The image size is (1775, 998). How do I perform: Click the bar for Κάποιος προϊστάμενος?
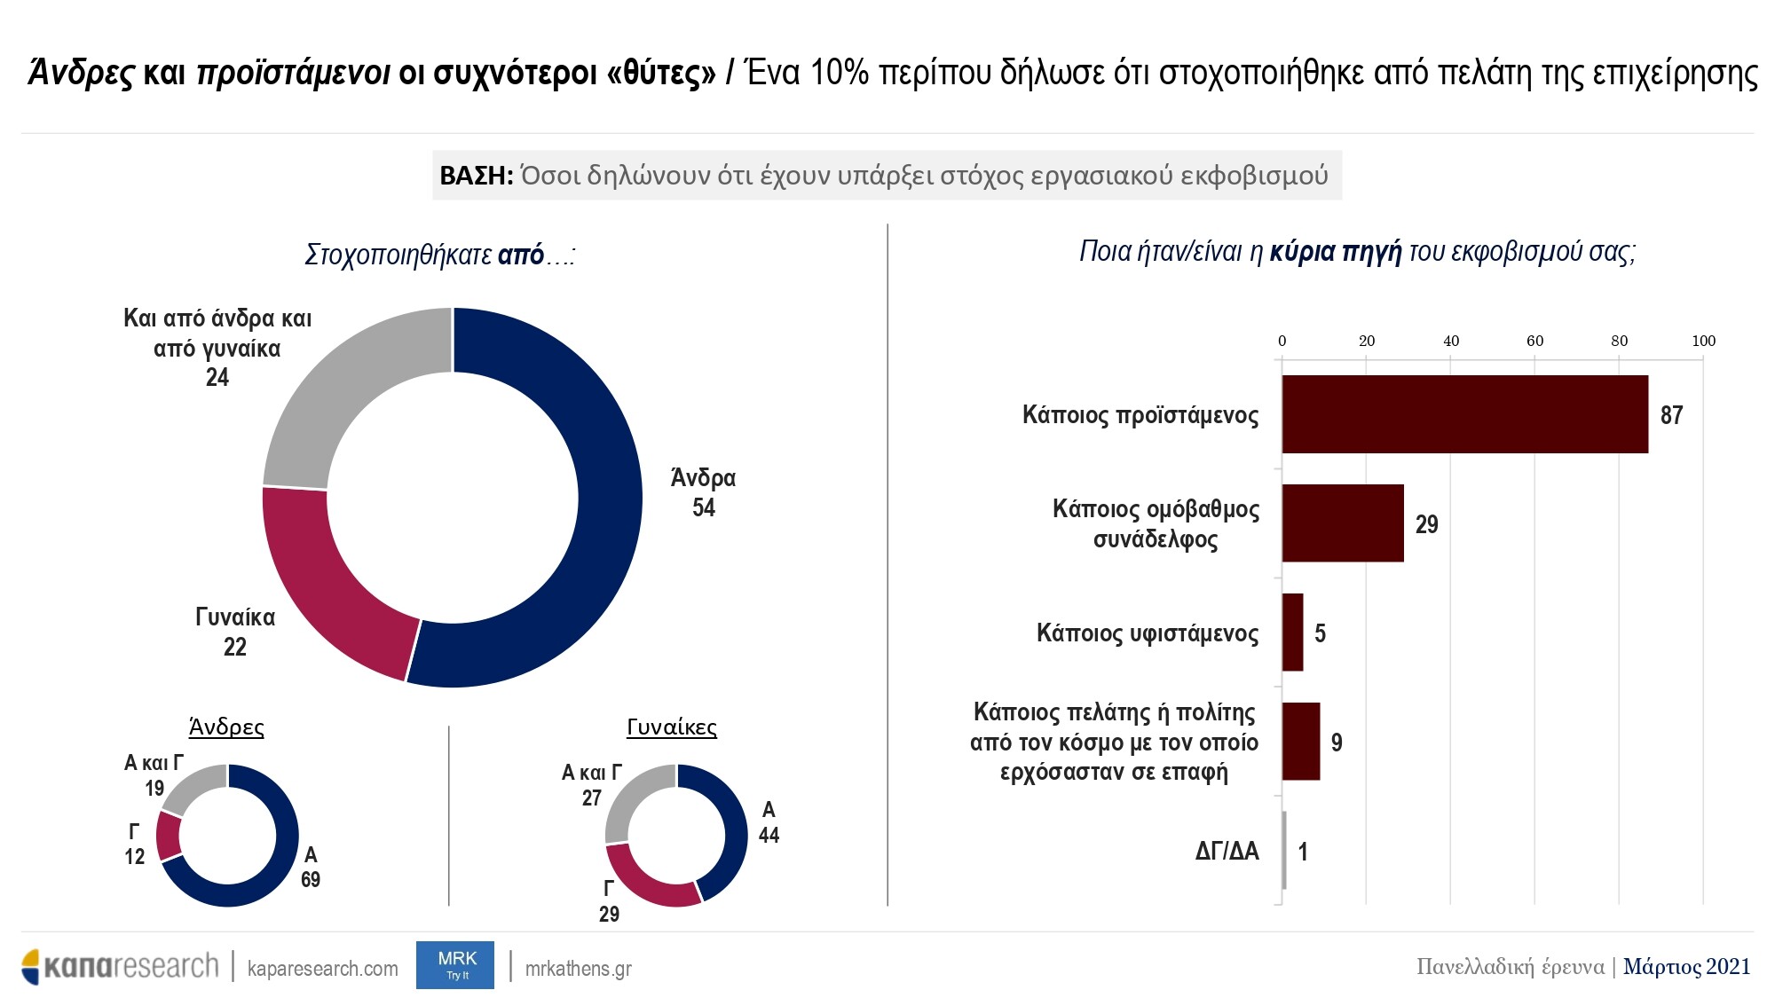1464,414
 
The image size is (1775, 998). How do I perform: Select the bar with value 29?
1343,523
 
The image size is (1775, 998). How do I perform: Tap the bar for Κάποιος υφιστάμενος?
1293,633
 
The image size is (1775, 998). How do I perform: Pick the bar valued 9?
1301,742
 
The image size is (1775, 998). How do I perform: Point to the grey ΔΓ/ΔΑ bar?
1284,851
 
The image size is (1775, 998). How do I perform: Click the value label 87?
1671,415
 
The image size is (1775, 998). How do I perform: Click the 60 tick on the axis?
1534,341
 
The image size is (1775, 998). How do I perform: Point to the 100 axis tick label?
1703,341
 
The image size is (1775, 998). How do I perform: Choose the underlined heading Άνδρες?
226,727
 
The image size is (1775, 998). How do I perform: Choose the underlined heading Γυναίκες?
672,727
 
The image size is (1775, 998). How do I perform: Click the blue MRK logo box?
455,965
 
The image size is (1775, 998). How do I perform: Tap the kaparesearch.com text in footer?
323,969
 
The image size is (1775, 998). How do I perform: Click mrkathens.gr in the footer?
578,969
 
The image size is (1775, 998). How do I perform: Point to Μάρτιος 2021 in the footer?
1686,967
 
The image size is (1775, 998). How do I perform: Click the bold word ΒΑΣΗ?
477,176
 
